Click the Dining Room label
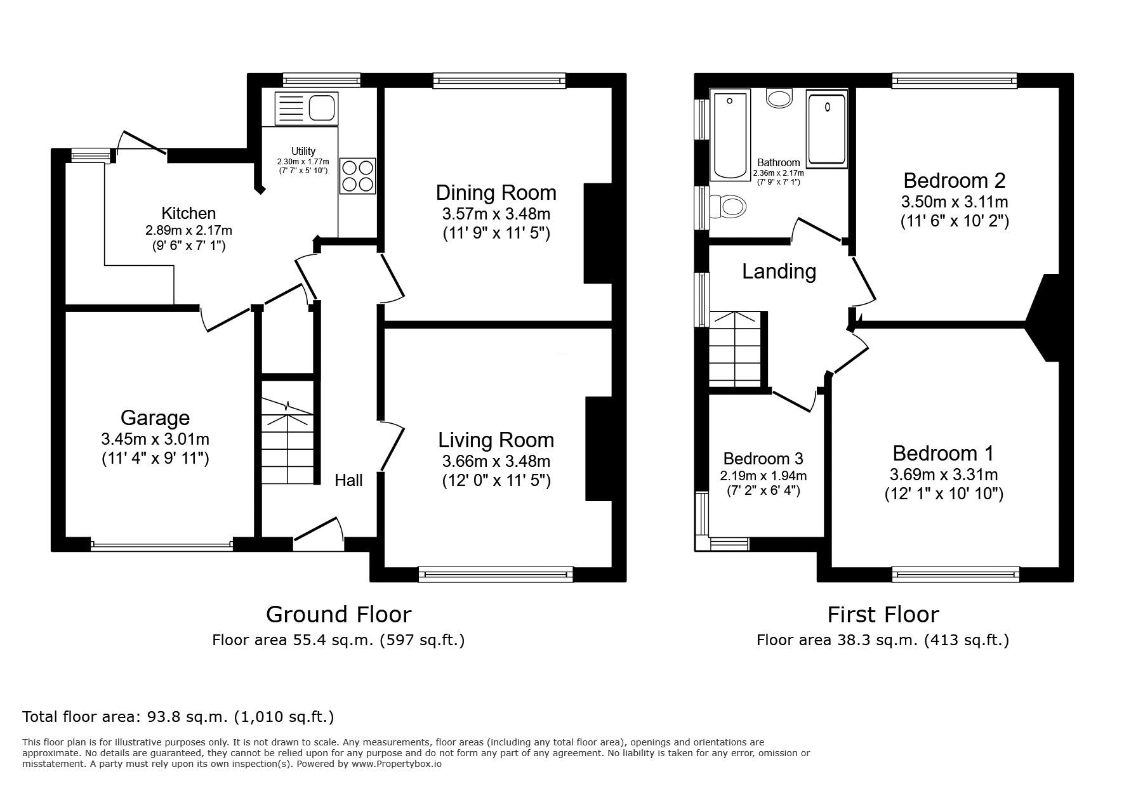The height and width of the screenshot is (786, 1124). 496,192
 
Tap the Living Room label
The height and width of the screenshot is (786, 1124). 496,440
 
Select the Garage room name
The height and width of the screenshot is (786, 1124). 155,417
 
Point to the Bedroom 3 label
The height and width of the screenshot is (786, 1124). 763,458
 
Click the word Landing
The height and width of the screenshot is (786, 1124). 779,271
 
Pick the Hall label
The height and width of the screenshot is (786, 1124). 348,480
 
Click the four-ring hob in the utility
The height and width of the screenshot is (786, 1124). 358,175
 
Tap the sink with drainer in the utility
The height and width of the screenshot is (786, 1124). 306,107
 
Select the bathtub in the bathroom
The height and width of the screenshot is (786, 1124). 730,135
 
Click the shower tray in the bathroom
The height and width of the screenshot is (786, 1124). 827,129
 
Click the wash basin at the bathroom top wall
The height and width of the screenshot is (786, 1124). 779,97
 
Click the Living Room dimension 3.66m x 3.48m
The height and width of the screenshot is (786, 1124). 496,461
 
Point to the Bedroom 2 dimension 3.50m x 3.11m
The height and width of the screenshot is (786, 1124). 954,202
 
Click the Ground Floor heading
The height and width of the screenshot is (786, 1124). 338,614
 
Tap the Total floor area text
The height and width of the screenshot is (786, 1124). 178,717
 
